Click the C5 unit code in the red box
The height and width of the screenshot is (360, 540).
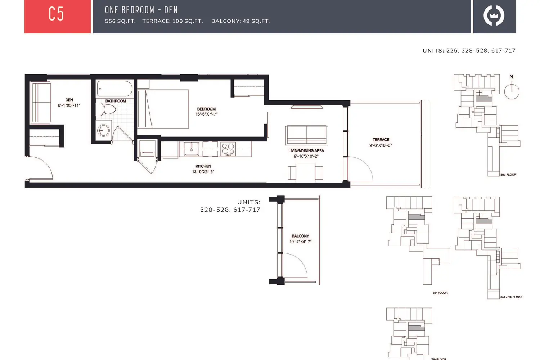coord(56,14)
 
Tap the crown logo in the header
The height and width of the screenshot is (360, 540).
coord(494,15)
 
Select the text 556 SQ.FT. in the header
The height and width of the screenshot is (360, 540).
coord(120,21)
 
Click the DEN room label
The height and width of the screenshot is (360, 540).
coord(69,100)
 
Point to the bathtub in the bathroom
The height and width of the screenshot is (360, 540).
coord(114,89)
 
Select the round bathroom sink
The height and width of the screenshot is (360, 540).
coord(103,130)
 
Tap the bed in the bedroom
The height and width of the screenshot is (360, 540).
coord(163,109)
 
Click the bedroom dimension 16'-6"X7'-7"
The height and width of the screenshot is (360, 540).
coord(206,114)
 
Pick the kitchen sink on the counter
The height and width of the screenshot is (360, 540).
coord(192,149)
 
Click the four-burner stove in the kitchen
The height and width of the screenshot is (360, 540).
coord(228,149)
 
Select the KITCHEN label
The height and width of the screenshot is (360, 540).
coord(203,166)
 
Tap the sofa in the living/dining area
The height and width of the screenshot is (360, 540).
coord(307,135)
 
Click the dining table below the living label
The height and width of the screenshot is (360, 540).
coord(305,173)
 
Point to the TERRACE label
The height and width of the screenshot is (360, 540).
coord(381,140)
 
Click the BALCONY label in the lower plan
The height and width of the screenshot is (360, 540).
coord(300,236)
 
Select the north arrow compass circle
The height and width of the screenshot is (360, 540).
coord(512,92)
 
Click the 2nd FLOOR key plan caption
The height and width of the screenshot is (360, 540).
coord(508,175)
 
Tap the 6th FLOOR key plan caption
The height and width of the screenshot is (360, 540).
coord(440,293)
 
